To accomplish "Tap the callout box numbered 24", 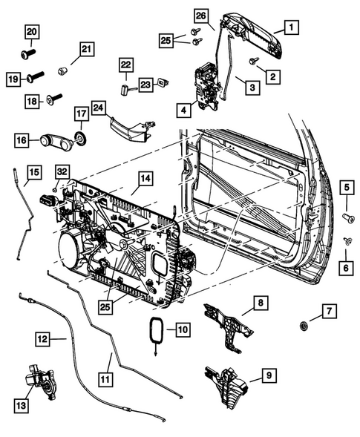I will tap(99, 109).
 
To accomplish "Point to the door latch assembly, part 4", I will tap(206, 84).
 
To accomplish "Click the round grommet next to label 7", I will tap(305, 326).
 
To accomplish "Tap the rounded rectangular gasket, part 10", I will tap(156, 329).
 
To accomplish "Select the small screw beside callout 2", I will tap(255, 62).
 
